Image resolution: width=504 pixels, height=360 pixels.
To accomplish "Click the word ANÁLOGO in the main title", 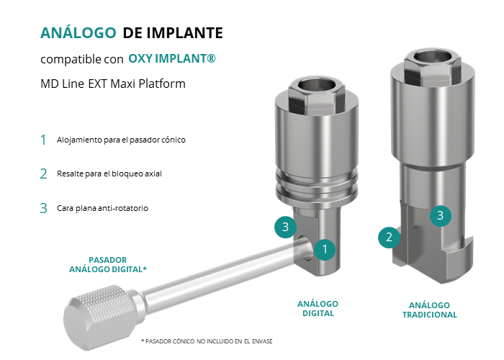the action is [78, 32].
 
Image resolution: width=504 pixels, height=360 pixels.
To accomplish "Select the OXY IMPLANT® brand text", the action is [172, 58].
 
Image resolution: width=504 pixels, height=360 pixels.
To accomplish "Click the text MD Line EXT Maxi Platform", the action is [113, 84].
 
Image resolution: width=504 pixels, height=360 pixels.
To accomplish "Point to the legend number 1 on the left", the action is [43, 140].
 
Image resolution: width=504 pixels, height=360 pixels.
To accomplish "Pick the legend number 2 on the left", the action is [43, 174].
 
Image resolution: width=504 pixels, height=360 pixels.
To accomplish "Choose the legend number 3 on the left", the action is [43, 208].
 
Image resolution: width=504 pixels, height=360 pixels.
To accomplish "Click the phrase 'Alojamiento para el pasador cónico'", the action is [121, 140].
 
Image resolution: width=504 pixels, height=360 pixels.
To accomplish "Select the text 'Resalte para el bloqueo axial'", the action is [109, 174].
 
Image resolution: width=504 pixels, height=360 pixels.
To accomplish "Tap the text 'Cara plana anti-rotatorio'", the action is [102, 208].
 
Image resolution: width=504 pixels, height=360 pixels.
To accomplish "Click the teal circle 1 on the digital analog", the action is [325, 249].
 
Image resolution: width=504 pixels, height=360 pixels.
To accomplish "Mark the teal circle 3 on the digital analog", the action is [285, 227].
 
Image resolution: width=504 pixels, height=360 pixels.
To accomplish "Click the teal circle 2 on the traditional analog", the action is [389, 237].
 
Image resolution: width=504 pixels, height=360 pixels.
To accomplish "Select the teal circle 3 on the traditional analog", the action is [441, 215].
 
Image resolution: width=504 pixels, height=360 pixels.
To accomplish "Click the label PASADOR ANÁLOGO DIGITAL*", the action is [108, 264].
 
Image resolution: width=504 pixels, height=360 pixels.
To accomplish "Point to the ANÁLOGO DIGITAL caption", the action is [318, 309].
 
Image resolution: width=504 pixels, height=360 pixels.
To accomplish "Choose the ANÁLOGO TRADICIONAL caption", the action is [429, 310].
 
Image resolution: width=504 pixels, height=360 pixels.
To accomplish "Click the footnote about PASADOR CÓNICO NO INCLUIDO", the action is [207, 341].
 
